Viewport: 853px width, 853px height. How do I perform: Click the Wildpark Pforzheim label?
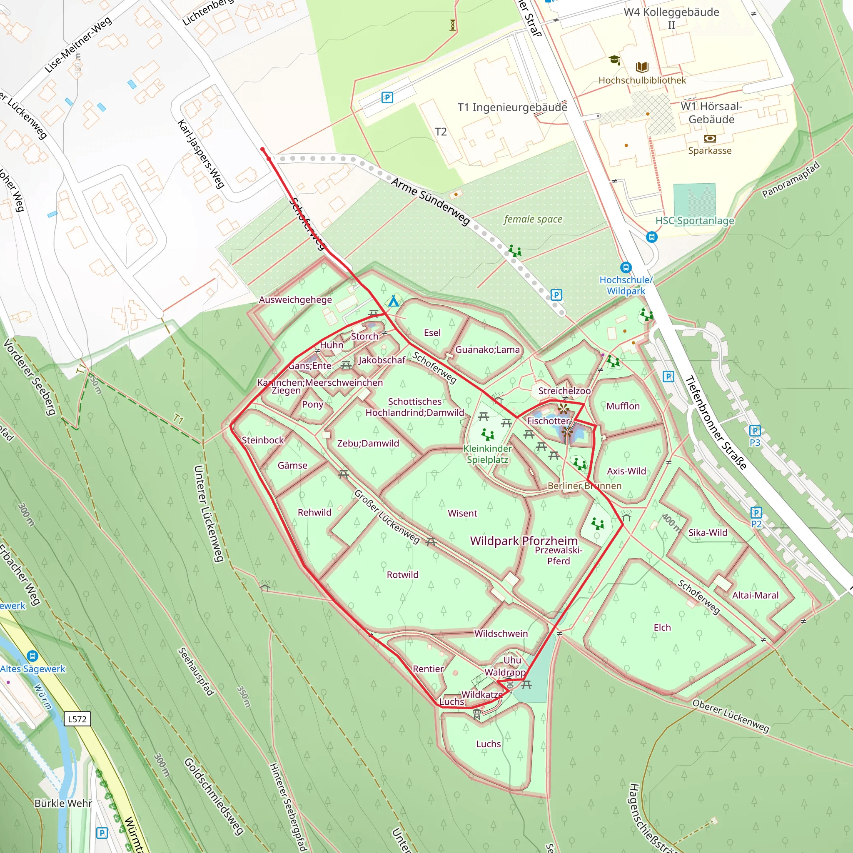click(524, 541)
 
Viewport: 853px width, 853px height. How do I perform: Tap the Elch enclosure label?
click(662, 627)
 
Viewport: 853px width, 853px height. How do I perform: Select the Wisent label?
click(462, 513)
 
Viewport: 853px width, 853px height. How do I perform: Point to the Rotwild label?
click(402, 574)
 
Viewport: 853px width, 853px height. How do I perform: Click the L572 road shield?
click(77, 719)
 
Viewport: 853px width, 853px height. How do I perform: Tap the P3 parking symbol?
click(755, 431)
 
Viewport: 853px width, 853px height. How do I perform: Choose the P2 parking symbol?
click(756, 513)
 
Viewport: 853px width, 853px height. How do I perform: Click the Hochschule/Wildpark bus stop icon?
click(626, 267)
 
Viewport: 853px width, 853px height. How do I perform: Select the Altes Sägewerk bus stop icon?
click(32, 656)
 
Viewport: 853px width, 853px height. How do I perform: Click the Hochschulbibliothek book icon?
click(642, 67)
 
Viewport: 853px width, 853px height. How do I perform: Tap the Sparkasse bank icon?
click(709, 139)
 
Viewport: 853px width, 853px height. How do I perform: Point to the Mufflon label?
click(623, 406)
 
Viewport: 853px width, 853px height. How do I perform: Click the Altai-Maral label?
click(755, 595)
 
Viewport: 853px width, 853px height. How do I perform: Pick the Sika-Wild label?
click(707, 532)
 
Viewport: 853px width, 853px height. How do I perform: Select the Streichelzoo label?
click(564, 391)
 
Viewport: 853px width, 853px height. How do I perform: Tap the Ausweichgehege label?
click(295, 299)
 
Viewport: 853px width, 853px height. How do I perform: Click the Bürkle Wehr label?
click(63, 803)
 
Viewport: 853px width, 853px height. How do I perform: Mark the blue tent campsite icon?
click(393, 302)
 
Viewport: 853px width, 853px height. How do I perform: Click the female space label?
click(533, 219)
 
